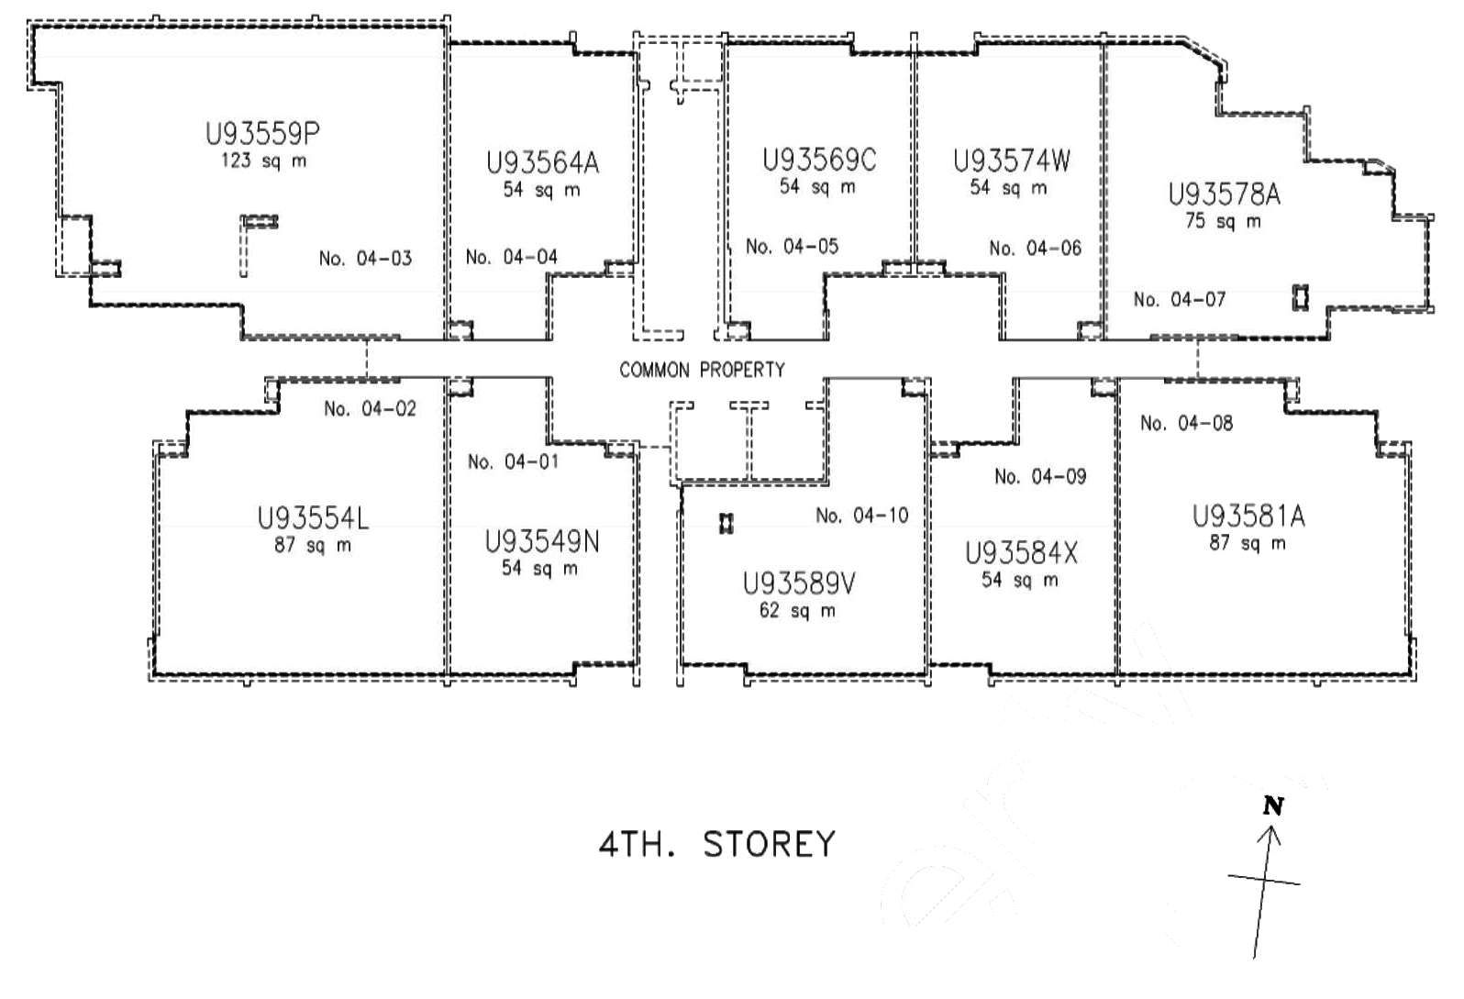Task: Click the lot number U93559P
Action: [x=262, y=134]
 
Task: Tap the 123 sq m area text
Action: [x=263, y=161]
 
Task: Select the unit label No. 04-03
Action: [x=365, y=259]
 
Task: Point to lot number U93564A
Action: [x=542, y=162]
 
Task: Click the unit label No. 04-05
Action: [x=793, y=247]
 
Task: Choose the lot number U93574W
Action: [x=1012, y=161]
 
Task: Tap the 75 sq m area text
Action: [x=1224, y=221]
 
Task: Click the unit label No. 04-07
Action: [x=1180, y=299]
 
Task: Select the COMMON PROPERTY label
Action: [x=702, y=370]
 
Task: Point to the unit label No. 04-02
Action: [x=370, y=408]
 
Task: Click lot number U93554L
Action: [x=313, y=518]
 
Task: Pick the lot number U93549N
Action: [x=542, y=542]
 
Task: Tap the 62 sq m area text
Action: [x=797, y=611]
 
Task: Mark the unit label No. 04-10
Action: [x=862, y=516]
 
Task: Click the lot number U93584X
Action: [x=1021, y=554]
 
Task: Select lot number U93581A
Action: [x=1248, y=516]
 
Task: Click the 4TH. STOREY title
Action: [x=717, y=844]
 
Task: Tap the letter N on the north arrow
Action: [x=1273, y=806]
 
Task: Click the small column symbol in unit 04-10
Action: [x=726, y=524]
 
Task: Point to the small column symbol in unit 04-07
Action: [x=1301, y=298]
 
